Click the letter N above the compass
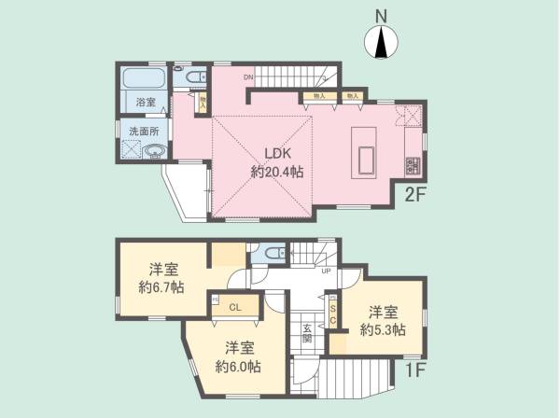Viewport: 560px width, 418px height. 381,16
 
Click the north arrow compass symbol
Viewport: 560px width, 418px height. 381,42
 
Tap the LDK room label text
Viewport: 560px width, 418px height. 275,154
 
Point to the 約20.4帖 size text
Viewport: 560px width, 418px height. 275,172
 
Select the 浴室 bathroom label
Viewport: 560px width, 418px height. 145,101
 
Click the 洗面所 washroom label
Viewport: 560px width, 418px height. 143,131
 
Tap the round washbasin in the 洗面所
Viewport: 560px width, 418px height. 154,153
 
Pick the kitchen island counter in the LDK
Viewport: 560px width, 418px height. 363,154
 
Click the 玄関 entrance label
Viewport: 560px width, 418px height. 306,332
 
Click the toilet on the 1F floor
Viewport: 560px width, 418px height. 272,252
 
